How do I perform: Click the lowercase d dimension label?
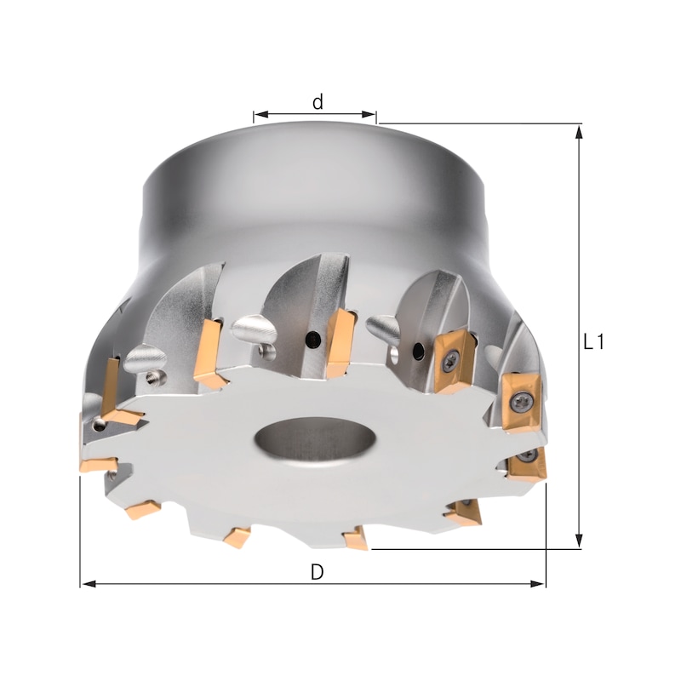318,102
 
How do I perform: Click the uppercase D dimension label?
317,572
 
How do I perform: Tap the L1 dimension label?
594,342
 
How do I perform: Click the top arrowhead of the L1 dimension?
580,130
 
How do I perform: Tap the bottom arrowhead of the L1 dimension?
580,542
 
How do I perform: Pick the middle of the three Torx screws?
521,397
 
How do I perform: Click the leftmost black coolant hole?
314,340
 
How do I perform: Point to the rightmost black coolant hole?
418,351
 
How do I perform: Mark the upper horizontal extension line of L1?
477,124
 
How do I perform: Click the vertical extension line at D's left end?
81,528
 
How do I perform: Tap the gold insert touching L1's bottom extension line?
356,537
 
